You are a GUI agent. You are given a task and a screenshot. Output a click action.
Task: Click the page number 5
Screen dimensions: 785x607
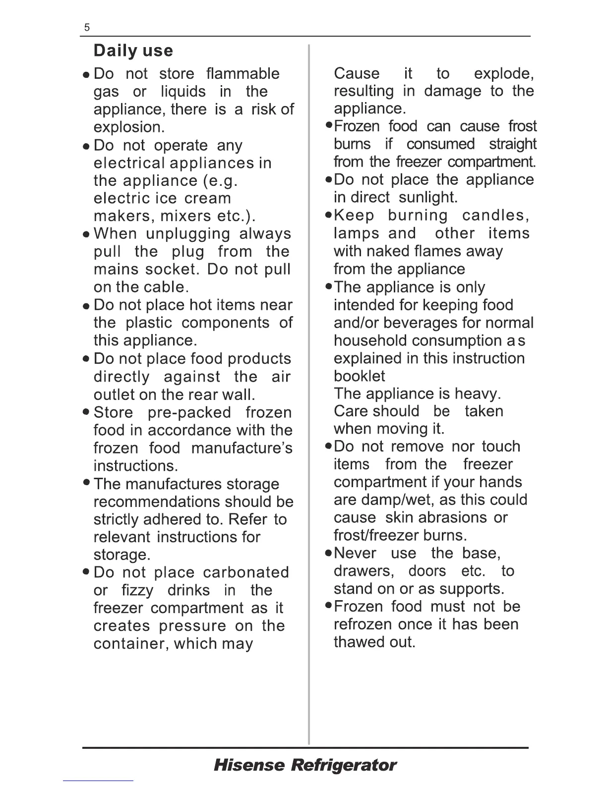[x=87, y=28]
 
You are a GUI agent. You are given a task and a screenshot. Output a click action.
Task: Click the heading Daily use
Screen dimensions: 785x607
[x=133, y=51]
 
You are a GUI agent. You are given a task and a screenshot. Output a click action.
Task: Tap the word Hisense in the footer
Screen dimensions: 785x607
[x=249, y=765]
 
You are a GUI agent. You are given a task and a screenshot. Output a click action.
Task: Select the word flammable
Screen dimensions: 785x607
[x=243, y=74]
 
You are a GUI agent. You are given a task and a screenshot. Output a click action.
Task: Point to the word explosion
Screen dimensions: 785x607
[x=129, y=127]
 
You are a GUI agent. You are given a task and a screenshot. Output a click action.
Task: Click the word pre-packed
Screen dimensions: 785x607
[x=189, y=412]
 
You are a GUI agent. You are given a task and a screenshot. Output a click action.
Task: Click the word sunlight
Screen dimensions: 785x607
[x=428, y=197]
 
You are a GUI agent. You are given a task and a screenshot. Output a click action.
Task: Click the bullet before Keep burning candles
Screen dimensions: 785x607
[x=328, y=216]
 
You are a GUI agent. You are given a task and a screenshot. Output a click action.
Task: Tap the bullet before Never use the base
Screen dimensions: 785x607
[x=328, y=554]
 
